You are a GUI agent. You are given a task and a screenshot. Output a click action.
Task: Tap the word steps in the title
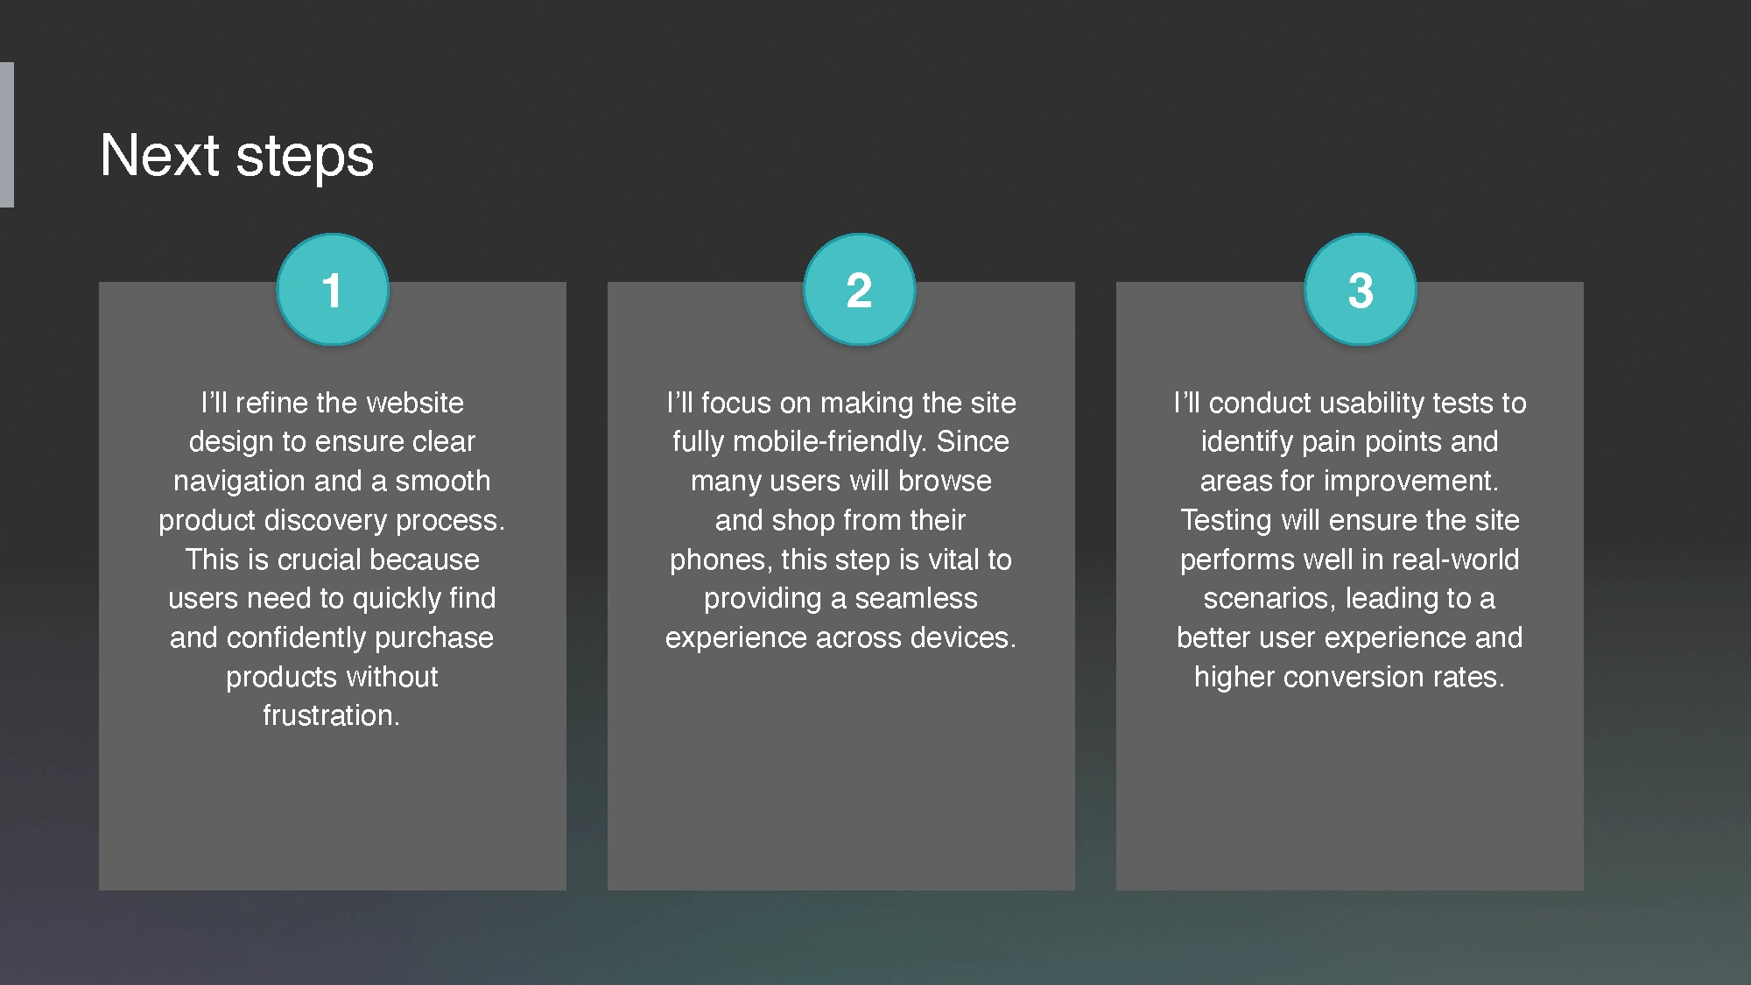click(305, 159)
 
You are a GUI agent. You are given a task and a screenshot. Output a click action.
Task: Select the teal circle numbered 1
click(333, 290)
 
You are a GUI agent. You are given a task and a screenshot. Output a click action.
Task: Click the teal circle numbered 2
click(859, 290)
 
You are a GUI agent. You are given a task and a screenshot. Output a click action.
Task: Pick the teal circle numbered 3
click(1360, 290)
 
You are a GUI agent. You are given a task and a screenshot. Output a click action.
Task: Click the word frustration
click(331, 716)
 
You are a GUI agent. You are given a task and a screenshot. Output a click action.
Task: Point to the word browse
click(945, 481)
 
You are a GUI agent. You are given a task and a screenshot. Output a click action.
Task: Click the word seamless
click(916, 599)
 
